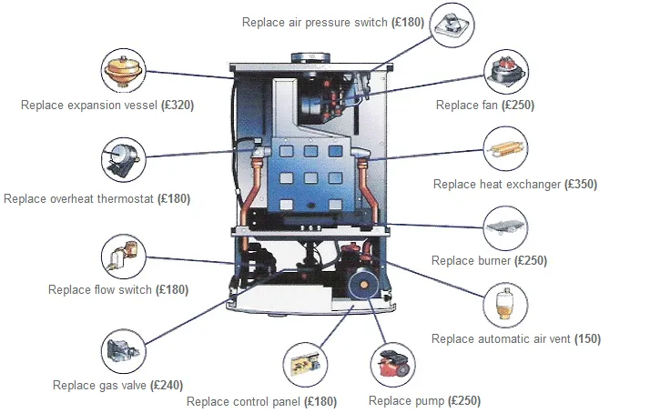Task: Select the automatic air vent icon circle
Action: (x=507, y=306)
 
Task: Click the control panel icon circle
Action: (x=305, y=364)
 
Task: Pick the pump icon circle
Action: (x=393, y=364)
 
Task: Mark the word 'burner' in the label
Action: (x=493, y=261)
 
